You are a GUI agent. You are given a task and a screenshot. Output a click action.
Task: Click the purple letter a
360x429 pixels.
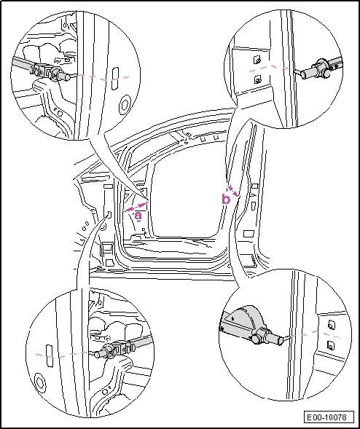click(x=138, y=216)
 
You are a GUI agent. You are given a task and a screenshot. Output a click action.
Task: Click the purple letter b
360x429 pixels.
click(x=226, y=199)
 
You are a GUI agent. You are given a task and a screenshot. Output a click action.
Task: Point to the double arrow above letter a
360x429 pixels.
click(x=136, y=207)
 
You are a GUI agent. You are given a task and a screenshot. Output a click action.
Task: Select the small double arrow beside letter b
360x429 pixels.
click(x=233, y=192)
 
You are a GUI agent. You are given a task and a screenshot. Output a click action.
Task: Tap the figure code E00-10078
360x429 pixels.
click(x=326, y=417)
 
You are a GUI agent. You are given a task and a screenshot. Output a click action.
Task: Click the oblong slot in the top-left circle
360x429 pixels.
click(x=115, y=78)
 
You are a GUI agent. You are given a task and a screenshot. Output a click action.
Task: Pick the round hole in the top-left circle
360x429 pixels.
click(x=125, y=105)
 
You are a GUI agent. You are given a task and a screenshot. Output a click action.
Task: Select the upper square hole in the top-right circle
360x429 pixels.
click(x=257, y=60)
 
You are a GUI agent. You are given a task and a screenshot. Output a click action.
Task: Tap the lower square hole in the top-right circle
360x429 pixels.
click(x=258, y=79)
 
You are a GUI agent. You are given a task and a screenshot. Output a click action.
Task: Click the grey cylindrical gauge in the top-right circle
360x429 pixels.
click(x=315, y=71)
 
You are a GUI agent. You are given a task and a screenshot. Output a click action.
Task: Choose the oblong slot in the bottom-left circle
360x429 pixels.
click(x=50, y=355)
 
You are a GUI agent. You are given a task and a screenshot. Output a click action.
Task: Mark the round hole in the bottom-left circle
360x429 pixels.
click(x=41, y=382)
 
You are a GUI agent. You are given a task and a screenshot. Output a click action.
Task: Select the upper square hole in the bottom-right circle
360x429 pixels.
click(x=332, y=325)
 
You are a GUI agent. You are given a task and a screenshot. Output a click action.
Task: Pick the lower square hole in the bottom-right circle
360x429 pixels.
click(x=331, y=345)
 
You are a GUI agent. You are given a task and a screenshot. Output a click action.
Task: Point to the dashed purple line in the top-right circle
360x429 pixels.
click(x=269, y=68)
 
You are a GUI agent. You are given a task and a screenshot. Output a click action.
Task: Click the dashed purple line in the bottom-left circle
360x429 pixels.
click(x=61, y=355)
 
